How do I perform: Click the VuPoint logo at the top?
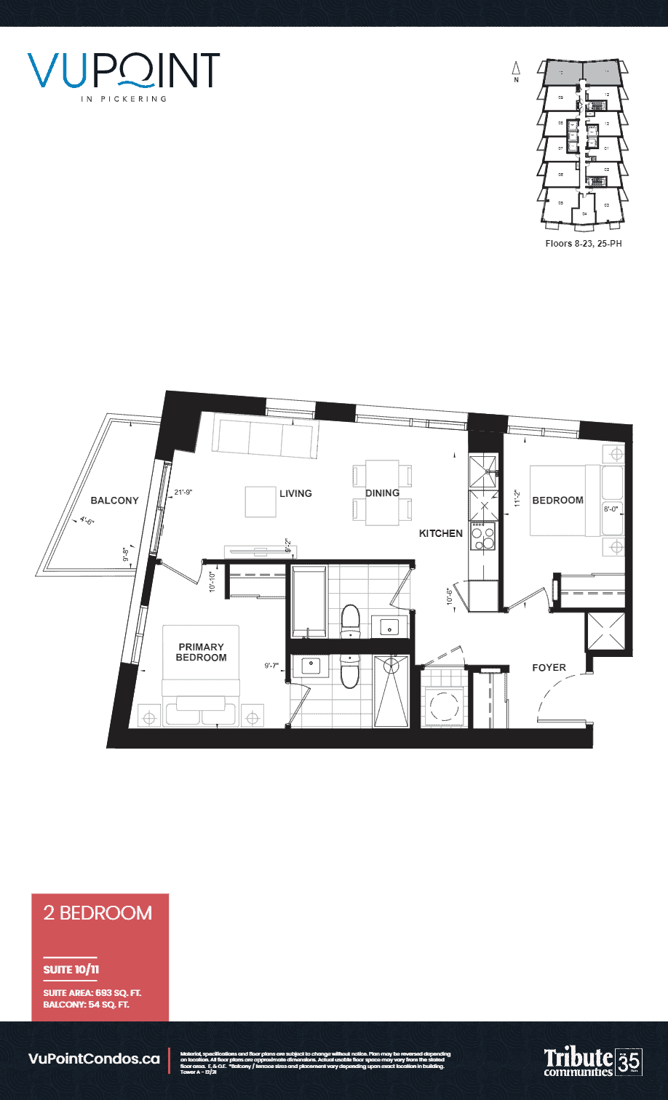(124, 73)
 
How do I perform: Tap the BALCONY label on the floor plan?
(114, 501)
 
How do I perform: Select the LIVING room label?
(295, 493)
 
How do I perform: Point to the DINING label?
(382, 493)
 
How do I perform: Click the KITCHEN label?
(440, 533)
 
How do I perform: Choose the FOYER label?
(549, 667)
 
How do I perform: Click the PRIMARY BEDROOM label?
(201, 652)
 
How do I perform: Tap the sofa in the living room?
(265, 436)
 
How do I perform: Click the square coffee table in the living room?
(260, 501)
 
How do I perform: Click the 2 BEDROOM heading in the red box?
(98, 913)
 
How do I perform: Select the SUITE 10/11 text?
(68, 970)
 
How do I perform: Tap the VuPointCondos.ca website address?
(93, 1059)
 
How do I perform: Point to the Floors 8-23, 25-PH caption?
(583, 244)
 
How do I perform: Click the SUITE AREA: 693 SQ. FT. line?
(92, 992)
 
